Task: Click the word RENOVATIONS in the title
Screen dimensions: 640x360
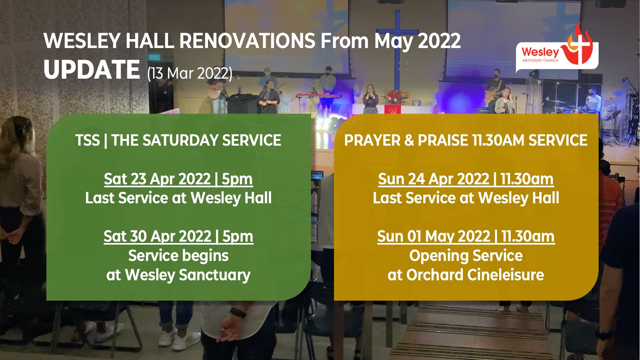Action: (247, 41)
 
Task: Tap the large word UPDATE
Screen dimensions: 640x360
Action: (92, 70)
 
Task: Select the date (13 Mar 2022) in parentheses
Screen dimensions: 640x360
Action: (190, 74)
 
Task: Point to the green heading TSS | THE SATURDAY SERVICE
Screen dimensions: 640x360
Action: (178, 140)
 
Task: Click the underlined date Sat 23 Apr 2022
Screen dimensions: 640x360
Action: (157, 179)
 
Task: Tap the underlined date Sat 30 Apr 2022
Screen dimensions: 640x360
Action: (158, 236)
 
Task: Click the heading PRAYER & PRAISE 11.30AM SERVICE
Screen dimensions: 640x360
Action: (466, 140)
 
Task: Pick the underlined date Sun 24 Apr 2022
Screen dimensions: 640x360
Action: (434, 179)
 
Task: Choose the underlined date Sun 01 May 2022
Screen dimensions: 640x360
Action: (434, 236)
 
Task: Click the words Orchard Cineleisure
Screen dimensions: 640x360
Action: (475, 275)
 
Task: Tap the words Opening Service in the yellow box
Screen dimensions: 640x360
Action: (466, 256)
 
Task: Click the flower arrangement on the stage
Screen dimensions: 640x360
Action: (397, 96)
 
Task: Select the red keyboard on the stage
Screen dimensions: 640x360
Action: (318, 96)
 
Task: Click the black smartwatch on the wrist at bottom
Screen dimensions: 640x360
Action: (238, 313)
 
